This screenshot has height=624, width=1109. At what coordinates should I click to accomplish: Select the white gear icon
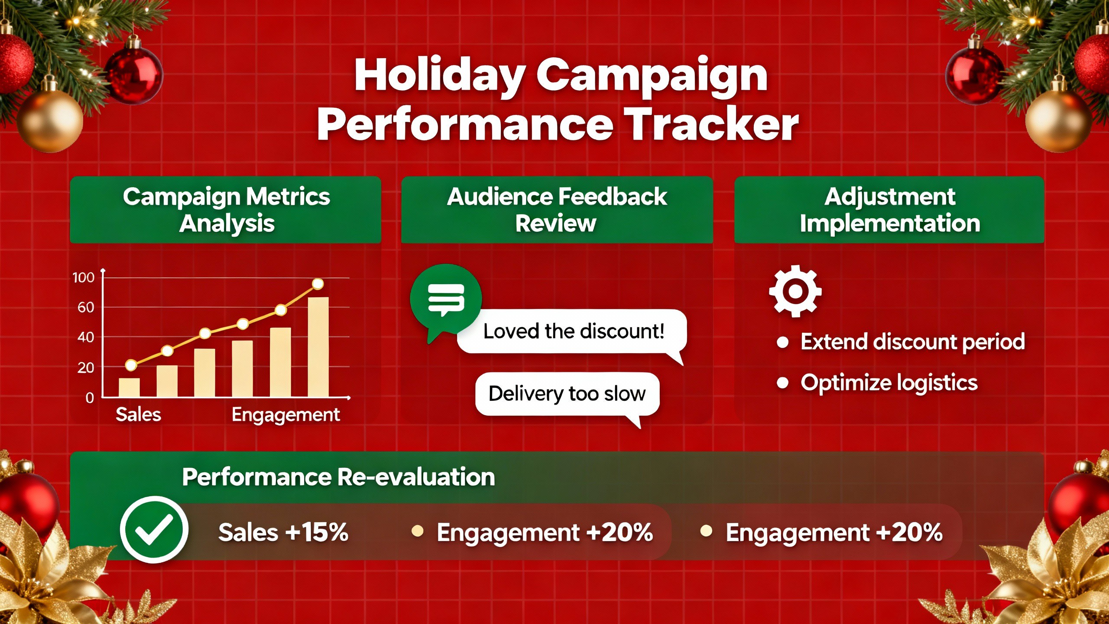[x=795, y=291]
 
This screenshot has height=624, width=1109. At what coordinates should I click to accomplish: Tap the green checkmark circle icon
[x=154, y=530]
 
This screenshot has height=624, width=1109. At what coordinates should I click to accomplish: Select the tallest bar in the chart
[x=318, y=347]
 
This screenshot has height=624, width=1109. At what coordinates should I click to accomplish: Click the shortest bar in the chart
[x=129, y=387]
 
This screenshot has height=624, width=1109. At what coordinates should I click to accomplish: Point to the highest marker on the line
[x=318, y=284]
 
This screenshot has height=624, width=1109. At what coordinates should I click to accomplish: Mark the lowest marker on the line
[x=131, y=365]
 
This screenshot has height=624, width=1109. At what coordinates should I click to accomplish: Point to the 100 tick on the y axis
[x=83, y=277]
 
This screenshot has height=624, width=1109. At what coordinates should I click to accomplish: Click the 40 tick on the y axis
[x=85, y=337]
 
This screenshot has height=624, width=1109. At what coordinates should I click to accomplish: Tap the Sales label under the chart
[x=138, y=415]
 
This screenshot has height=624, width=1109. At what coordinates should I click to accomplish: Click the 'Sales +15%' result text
[x=283, y=532]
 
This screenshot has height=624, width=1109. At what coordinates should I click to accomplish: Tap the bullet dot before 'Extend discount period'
[x=782, y=342]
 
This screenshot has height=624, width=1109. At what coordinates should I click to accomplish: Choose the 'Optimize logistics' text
[x=889, y=383]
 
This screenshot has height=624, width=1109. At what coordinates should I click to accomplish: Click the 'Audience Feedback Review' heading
[x=557, y=210]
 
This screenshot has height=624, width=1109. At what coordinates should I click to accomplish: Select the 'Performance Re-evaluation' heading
[x=338, y=477]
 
